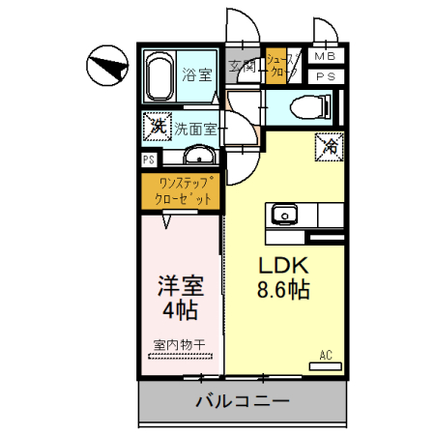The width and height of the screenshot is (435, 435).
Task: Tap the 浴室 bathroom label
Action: click(x=197, y=73)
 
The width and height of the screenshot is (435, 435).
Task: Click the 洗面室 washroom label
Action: click(x=195, y=127)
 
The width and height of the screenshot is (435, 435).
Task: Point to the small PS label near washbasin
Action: click(x=149, y=160)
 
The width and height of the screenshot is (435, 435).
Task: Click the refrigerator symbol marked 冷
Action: click(x=329, y=147)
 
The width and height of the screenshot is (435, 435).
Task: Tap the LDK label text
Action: click(x=282, y=266)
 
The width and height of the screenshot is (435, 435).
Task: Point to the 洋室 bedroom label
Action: click(x=180, y=287)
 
